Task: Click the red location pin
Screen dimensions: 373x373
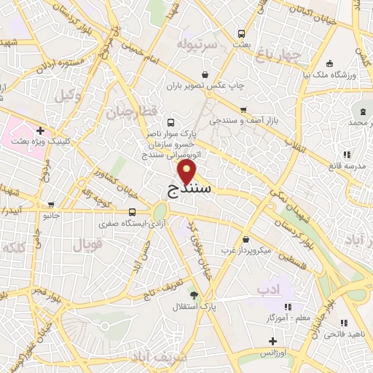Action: point(187,172)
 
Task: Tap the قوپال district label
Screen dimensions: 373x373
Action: point(89,245)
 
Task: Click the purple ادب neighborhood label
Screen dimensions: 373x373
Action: point(267,290)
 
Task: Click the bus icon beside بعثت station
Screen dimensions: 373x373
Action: point(241,34)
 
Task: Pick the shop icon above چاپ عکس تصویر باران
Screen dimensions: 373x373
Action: point(205,74)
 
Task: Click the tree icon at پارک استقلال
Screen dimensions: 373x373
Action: point(194,295)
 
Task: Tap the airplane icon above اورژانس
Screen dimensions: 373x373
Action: point(271,341)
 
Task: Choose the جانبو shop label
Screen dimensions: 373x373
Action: point(48,216)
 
